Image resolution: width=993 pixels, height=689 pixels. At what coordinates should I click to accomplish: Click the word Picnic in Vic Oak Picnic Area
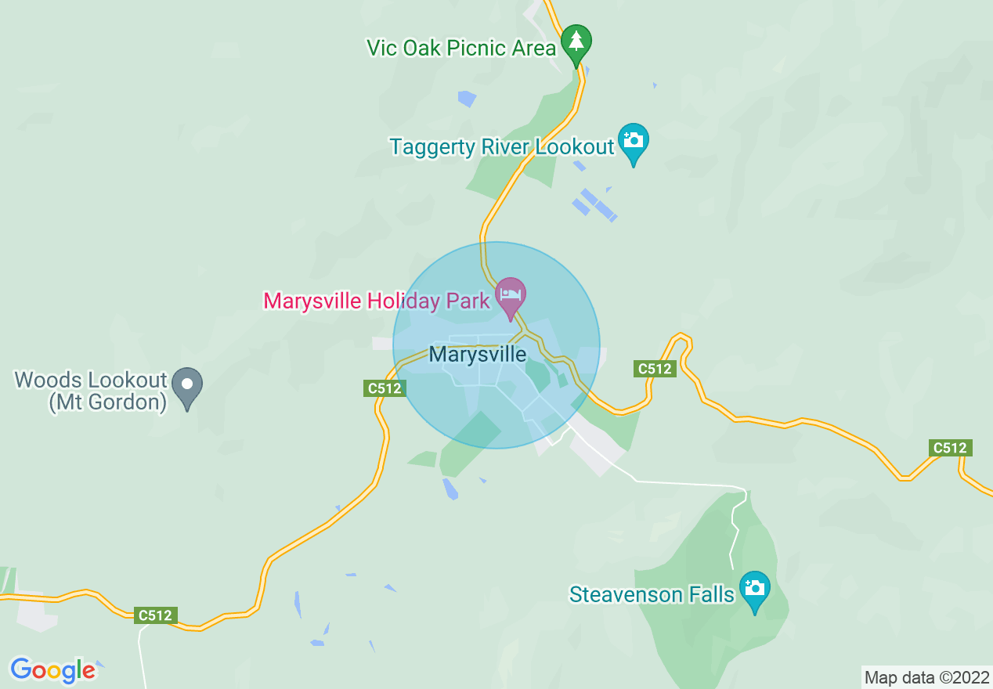coord(475,48)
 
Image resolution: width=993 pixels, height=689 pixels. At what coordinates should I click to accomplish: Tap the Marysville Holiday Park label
coord(377,301)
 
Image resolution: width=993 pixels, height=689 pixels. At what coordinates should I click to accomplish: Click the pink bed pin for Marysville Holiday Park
coord(511,297)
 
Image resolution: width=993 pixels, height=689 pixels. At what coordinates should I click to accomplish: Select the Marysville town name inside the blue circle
coord(478,354)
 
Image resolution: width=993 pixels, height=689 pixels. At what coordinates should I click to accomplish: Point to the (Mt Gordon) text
coord(108,403)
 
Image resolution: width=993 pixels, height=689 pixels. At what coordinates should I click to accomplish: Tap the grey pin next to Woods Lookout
coord(187,385)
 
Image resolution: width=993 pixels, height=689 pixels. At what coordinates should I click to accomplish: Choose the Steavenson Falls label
coord(652,594)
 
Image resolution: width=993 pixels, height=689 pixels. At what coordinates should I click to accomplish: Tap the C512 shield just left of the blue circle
coord(385,388)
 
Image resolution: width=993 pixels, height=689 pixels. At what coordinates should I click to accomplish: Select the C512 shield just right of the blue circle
coord(655,368)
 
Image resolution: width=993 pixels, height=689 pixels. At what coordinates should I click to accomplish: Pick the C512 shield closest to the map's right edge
coord(950,448)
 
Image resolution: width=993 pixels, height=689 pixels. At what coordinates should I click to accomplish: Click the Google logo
coord(52,670)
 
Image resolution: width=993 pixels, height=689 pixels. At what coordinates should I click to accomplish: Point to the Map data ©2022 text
coord(926,677)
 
